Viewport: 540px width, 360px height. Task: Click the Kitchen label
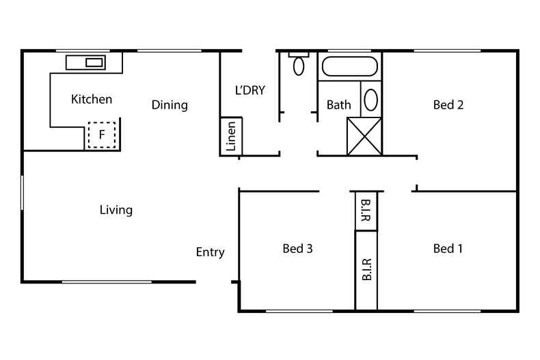(92, 100)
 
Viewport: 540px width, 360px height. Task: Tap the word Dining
(170, 105)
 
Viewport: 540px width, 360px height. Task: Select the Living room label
(116, 210)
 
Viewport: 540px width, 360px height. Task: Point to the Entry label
(210, 252)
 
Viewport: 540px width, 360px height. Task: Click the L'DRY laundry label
(249, 89)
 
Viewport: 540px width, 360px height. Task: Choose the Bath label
(339, 105)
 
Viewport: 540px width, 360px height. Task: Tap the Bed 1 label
(448, 249)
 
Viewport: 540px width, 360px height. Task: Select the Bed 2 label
(448, 105)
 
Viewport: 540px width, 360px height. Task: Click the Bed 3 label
(297, 249)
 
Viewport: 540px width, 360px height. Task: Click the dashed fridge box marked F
(102, 135)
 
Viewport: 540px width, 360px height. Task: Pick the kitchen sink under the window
(94, 62)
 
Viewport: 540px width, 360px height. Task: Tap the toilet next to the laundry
(299, 64)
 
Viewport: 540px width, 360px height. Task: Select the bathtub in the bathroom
(349, 67)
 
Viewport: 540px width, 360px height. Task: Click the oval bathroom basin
(370, 100)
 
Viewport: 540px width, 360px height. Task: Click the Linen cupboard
(231, 137)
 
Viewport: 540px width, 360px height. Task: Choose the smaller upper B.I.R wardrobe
(366, 211)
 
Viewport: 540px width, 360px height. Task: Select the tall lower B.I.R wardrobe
(366, 271)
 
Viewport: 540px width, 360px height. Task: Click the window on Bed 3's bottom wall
(299, 311)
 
